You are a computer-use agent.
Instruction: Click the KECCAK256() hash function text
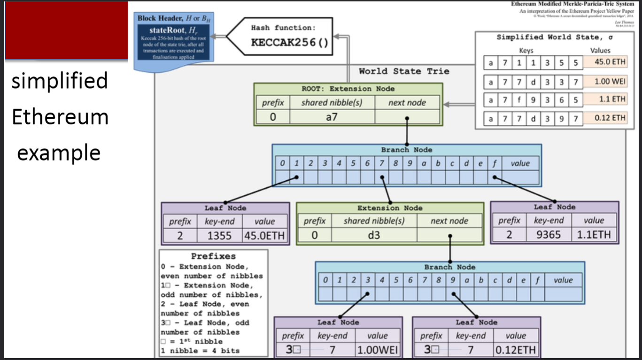tap(289, 42)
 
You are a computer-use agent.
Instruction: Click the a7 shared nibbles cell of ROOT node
tap(332, 117)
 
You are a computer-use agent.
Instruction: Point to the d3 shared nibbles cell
tap(373, 235)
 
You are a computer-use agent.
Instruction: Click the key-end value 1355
tap(219, 236)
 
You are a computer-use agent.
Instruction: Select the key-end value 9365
tap(549, 234)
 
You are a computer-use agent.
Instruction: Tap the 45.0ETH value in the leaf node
tap(264, 236)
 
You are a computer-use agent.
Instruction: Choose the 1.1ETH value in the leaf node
tap(594, 234)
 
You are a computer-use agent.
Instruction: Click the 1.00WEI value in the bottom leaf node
tap(378, 350)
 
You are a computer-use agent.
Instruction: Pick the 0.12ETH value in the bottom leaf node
tap(516, 350)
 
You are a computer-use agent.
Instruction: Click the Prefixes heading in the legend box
tap(213, 256)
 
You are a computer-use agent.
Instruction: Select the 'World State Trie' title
tap(404, 71)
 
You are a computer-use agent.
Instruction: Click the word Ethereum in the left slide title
tap(60, 117)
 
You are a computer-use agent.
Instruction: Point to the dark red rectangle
tap(66, 30)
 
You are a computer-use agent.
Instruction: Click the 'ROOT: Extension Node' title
tap(348, 89)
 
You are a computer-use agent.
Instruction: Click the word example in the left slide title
tap(59, 153)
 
